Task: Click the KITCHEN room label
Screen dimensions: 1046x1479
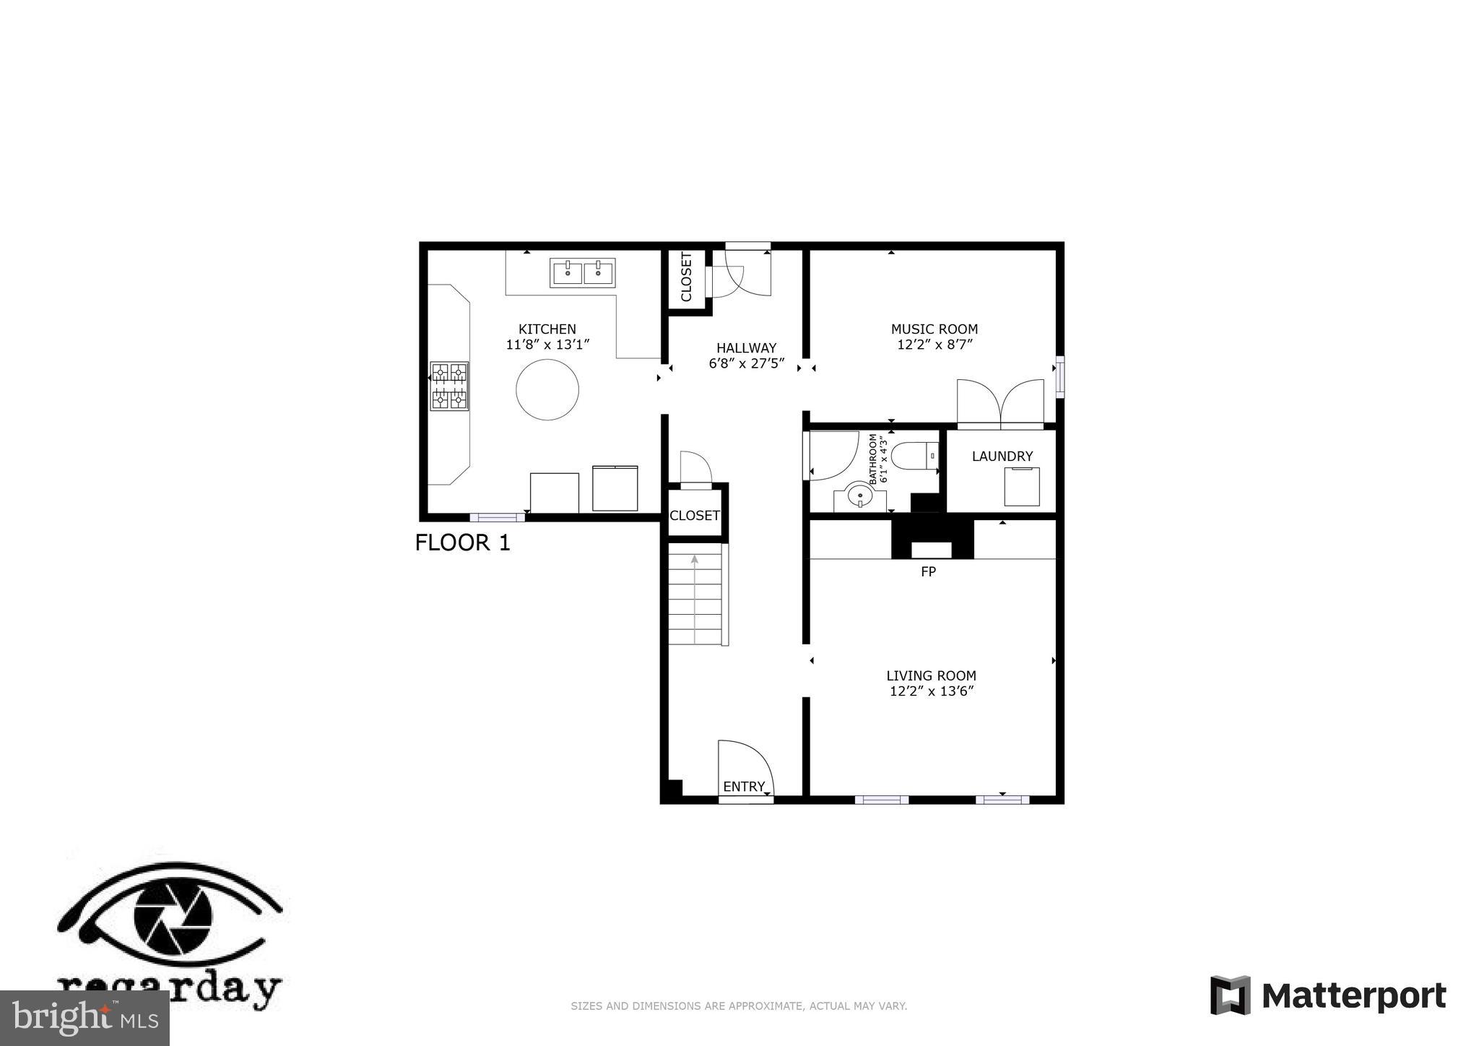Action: [547, 329]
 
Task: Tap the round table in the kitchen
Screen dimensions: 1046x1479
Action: [547, 389]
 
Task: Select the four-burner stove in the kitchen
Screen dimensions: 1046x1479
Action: [449, 386]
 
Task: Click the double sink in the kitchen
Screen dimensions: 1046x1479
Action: [582, 273]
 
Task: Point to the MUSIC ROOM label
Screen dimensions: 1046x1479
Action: [934, 329]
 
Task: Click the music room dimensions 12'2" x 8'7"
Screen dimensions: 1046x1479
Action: [934, 345]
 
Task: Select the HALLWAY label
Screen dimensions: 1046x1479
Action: [746, 348]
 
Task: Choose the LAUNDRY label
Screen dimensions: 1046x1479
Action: [1002, 457]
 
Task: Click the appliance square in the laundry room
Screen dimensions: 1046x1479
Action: [1022, 486]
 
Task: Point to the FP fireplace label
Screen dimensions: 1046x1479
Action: [928, 572]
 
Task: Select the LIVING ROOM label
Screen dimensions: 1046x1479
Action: [931, 676]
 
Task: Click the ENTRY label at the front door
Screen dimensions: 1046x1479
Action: [744, 787]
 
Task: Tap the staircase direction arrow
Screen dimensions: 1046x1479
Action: [695, 559]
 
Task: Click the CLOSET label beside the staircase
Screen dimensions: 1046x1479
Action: [694, 516]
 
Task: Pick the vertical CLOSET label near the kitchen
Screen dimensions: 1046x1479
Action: [686, 277]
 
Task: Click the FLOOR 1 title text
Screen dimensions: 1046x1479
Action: [462, 543]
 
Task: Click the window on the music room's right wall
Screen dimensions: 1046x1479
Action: [1059, 376]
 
